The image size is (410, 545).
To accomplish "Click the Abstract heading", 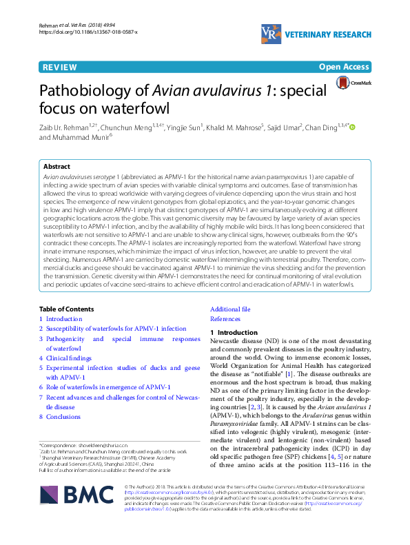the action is point(57,167).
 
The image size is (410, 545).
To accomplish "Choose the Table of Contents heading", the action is point(70,309).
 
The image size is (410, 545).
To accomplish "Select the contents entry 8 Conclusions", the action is point(64,417).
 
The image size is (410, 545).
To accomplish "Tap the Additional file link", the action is point(230,309).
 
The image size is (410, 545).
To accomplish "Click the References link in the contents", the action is point(225,319).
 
